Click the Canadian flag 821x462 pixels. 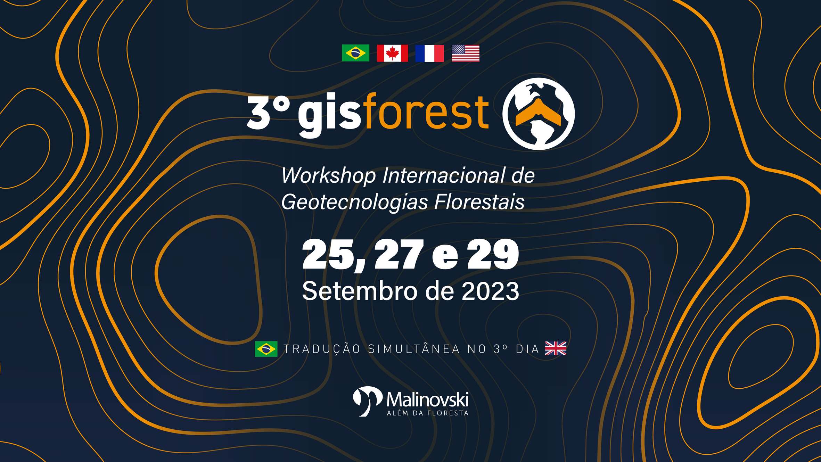(x=392, y=53)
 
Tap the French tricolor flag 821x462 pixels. (x=429, y=53)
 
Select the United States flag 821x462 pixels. (x=466, y=53)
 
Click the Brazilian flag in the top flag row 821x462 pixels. (x=355, y=53)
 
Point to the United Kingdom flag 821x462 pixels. (x=556, y=348)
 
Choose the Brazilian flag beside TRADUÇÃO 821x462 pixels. (x=266, y=349)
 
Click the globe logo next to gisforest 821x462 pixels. (x=539, y=114)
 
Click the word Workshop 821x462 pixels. (x=328, y=176)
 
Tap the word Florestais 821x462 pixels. (x=479, y=202)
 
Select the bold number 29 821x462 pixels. (x=493, y=254)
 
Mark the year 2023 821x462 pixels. (x=490, y=291)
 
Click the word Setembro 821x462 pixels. (x=360, y=291)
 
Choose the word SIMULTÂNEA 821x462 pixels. (x=414, y=349)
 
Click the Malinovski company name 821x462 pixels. (x=427, y=399)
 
